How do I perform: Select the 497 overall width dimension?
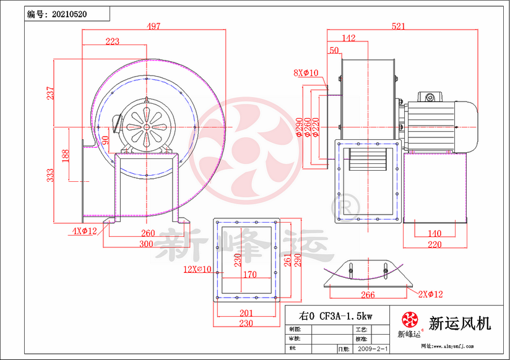(153, 26)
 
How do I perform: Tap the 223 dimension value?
(111, 41)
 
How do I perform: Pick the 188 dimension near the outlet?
(66, 155)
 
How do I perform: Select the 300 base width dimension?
(145, 244)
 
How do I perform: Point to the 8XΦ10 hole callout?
(306, 73)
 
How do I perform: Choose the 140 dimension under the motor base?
(434, 233)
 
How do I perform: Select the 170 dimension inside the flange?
(249, 274)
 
